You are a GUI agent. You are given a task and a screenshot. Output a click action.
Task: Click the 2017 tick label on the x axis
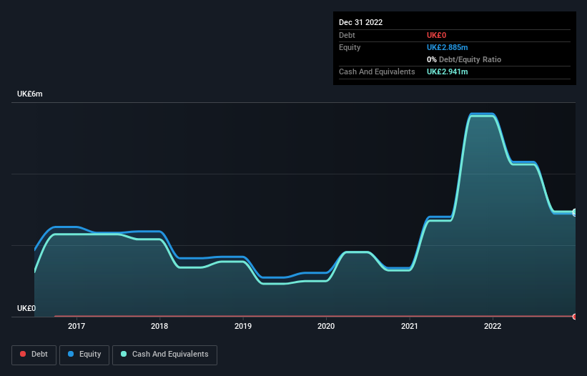click(77, 326)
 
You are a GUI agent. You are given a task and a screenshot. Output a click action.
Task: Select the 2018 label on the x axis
click(159, 326)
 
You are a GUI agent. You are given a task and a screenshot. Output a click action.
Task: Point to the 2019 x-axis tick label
click(243, 326)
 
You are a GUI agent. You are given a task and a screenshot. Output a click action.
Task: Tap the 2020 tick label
click(326, 326)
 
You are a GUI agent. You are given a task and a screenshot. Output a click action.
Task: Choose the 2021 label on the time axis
click(410, 326)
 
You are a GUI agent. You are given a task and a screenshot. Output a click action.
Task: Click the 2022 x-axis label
click(493, 326)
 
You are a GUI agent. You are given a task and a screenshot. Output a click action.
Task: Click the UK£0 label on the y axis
click(26, 308)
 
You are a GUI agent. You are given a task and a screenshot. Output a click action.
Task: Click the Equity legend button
click(84, 354)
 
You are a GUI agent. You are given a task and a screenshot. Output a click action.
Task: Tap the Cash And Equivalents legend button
click(164, 354)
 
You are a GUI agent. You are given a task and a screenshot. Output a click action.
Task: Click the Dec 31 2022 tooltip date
click(361, 22)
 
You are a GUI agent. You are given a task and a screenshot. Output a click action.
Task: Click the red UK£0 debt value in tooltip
click(438, 35)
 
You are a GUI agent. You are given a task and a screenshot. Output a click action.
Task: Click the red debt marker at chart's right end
click(574, 316)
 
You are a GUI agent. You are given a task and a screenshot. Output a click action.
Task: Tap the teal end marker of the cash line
click(574, 212)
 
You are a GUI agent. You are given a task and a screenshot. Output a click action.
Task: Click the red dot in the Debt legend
click(24, 354)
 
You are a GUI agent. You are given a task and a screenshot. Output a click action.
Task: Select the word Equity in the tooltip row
click(350, 47)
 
